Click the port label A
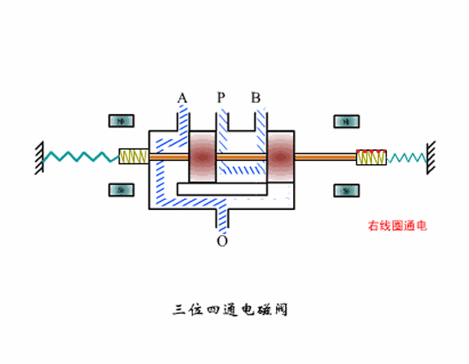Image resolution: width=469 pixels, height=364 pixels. pos(182,98)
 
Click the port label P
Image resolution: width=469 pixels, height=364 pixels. pos(221,98)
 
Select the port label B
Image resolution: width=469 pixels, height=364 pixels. pos(256,98)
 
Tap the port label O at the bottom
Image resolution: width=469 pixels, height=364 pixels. pos(223,241)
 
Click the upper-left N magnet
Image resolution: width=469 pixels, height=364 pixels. pos(121,121)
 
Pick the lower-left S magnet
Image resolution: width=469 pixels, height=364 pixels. pos(121,190)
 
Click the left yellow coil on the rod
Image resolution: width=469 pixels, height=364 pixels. pos(133,156)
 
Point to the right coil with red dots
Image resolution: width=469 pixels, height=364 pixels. pos(371,157)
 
